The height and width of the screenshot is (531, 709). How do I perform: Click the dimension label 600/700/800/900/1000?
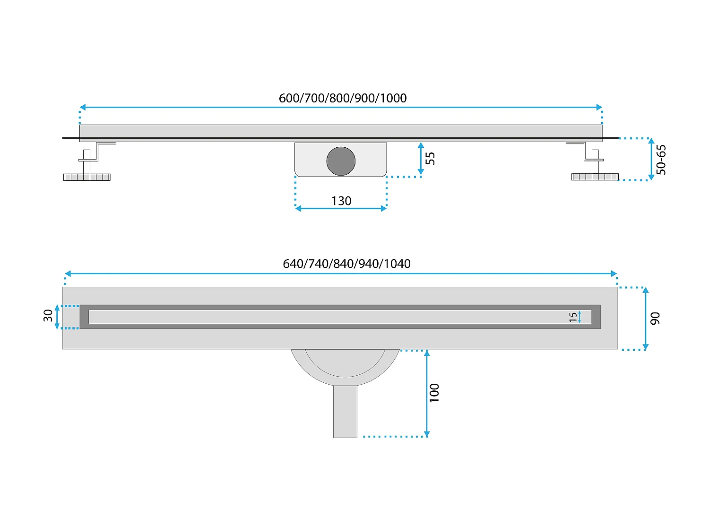pyautogui.click(x=343, y=98)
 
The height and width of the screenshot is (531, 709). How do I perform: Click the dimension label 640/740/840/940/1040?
pyautogui.click(x=346, y=264)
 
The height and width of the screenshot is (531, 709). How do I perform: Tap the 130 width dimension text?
pyautogui.click(x=341, y=201)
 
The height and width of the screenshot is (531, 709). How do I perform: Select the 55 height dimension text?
pyautogui.click(x=430, y=158)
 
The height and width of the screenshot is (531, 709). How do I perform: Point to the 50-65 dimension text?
pyautogui.click(x=661, y=160)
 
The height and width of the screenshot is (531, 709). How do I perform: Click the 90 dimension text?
pyautogui.click(x=655, y=319)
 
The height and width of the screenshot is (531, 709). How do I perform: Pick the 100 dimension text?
pyautogui.click(x=434, y=393)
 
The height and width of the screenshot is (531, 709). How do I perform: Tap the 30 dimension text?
pyautogui.click(x=48, y=316)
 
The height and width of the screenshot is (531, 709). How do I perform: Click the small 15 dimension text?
pyautogui.click(x=573, y=317)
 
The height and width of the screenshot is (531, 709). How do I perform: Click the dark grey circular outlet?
pyautogui.click(x=341, y=161)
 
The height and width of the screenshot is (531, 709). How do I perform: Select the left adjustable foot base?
pyautogui.click(x=87, y=177)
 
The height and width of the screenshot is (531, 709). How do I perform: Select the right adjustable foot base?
pyautogui.click(x=595, y=177)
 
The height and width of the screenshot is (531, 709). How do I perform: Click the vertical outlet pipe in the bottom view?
pyautogui.click(x=345, y=411)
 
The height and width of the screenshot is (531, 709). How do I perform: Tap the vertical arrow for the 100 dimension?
pyautogui.click(x=427, y=393)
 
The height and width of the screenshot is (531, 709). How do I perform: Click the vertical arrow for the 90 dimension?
pyautogui.click(x=646, y=319)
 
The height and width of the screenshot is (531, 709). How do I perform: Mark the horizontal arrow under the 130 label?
pyautogui.click(x=341, y=209)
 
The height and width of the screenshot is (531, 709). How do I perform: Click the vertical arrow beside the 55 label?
pyautogui.click(x=421, y=159)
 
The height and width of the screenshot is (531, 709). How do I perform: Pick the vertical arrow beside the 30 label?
pyautogui.click(x=58, y=317)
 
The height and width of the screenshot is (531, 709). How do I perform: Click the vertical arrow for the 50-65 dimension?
pyautogui.click(x=651, y=159)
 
